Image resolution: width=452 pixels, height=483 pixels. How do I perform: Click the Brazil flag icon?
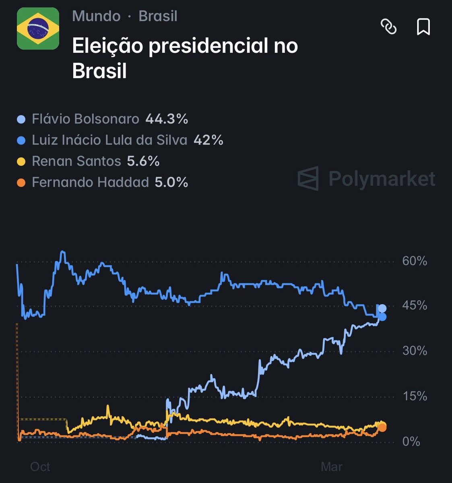[38, 29]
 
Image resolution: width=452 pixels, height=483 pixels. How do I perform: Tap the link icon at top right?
[388, 27]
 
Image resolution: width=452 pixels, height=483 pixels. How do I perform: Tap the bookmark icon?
[423, 27]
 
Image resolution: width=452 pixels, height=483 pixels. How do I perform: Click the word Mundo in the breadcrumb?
[96, 16]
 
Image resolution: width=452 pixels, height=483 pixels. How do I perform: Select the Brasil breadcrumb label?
[158, 16]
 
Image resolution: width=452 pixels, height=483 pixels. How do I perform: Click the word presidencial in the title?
[208, 45]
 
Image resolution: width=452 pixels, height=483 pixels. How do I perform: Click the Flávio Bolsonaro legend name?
[85, 119]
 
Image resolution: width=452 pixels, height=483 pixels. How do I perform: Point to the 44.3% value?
[167, 119]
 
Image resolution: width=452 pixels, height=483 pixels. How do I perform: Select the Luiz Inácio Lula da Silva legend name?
[109, 140]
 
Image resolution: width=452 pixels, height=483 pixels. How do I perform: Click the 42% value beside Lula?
[208, 140]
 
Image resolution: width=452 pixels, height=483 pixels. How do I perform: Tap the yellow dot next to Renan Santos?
[21, 162]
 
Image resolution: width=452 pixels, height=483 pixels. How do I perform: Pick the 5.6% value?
[143, 161]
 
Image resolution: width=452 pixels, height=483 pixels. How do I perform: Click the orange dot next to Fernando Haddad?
[21, 183]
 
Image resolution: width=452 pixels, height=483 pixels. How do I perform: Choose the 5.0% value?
[171, 182]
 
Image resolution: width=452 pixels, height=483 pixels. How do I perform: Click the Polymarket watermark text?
[382, 179]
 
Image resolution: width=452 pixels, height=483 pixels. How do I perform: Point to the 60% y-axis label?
[414, 261]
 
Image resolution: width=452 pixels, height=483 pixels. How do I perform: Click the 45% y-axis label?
[414, 305]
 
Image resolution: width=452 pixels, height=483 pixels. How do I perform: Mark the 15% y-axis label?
[415, 396]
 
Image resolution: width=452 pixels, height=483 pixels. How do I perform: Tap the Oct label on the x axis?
[40, 467]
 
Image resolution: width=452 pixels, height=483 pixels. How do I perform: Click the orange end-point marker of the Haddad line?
[382, 427]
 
